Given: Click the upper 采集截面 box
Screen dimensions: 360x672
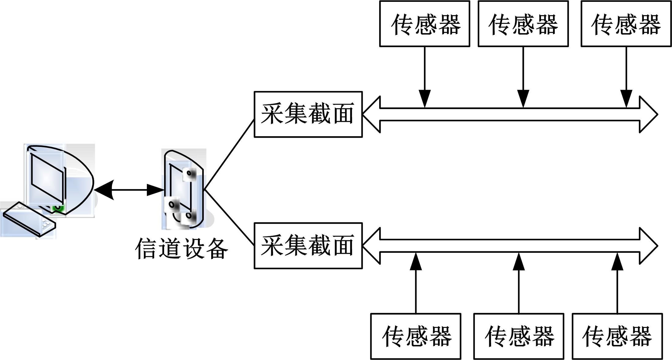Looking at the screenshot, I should point(308,114).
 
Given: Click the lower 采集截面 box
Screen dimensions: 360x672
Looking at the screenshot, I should point(308,246).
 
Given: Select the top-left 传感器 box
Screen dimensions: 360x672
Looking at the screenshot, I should point(424,24).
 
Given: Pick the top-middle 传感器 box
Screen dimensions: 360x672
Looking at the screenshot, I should point(523,24).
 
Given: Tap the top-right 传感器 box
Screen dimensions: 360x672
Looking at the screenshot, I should point(626,24).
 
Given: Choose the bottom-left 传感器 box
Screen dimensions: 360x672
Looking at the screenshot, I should point(416,336).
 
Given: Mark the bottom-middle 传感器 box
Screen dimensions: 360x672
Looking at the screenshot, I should point(518,336).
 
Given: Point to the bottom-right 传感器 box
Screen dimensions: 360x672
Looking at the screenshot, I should point(617,336).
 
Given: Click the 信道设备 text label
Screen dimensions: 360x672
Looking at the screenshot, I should point(181,249).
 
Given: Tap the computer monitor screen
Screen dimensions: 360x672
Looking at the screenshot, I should point(47,178).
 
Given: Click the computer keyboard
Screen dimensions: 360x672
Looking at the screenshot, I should point(29,219).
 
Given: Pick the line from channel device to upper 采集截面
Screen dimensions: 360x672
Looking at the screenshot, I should point(229,155).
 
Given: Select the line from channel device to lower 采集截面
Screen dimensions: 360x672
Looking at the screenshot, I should point(229,217).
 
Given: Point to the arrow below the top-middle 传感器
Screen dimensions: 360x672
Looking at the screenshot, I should point(523,77).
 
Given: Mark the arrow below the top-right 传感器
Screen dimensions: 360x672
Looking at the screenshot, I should point(626,77).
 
